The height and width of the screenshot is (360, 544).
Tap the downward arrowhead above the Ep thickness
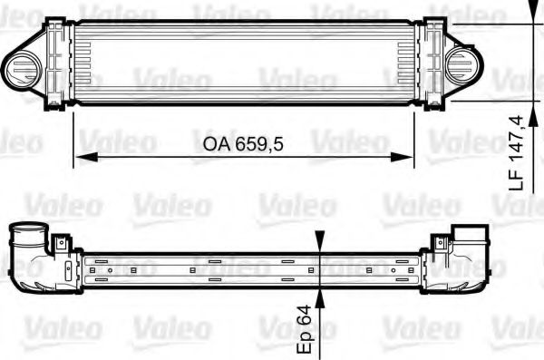coord(319,243)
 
